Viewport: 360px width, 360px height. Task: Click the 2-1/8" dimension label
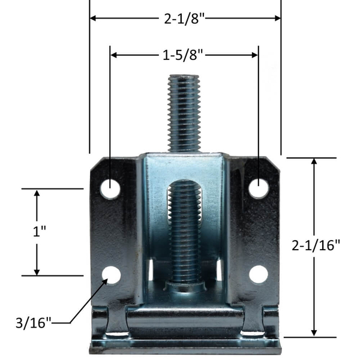click(x=185, y=19)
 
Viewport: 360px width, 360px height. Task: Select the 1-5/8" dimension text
click(x=184, y=55)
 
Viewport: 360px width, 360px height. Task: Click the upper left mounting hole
click(x=110, y=188)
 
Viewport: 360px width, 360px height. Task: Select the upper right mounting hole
click(x=259, y=188)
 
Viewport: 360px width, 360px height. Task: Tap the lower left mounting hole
click(x=111, y=274)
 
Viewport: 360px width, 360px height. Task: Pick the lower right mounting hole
click(x=259, y=274)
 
